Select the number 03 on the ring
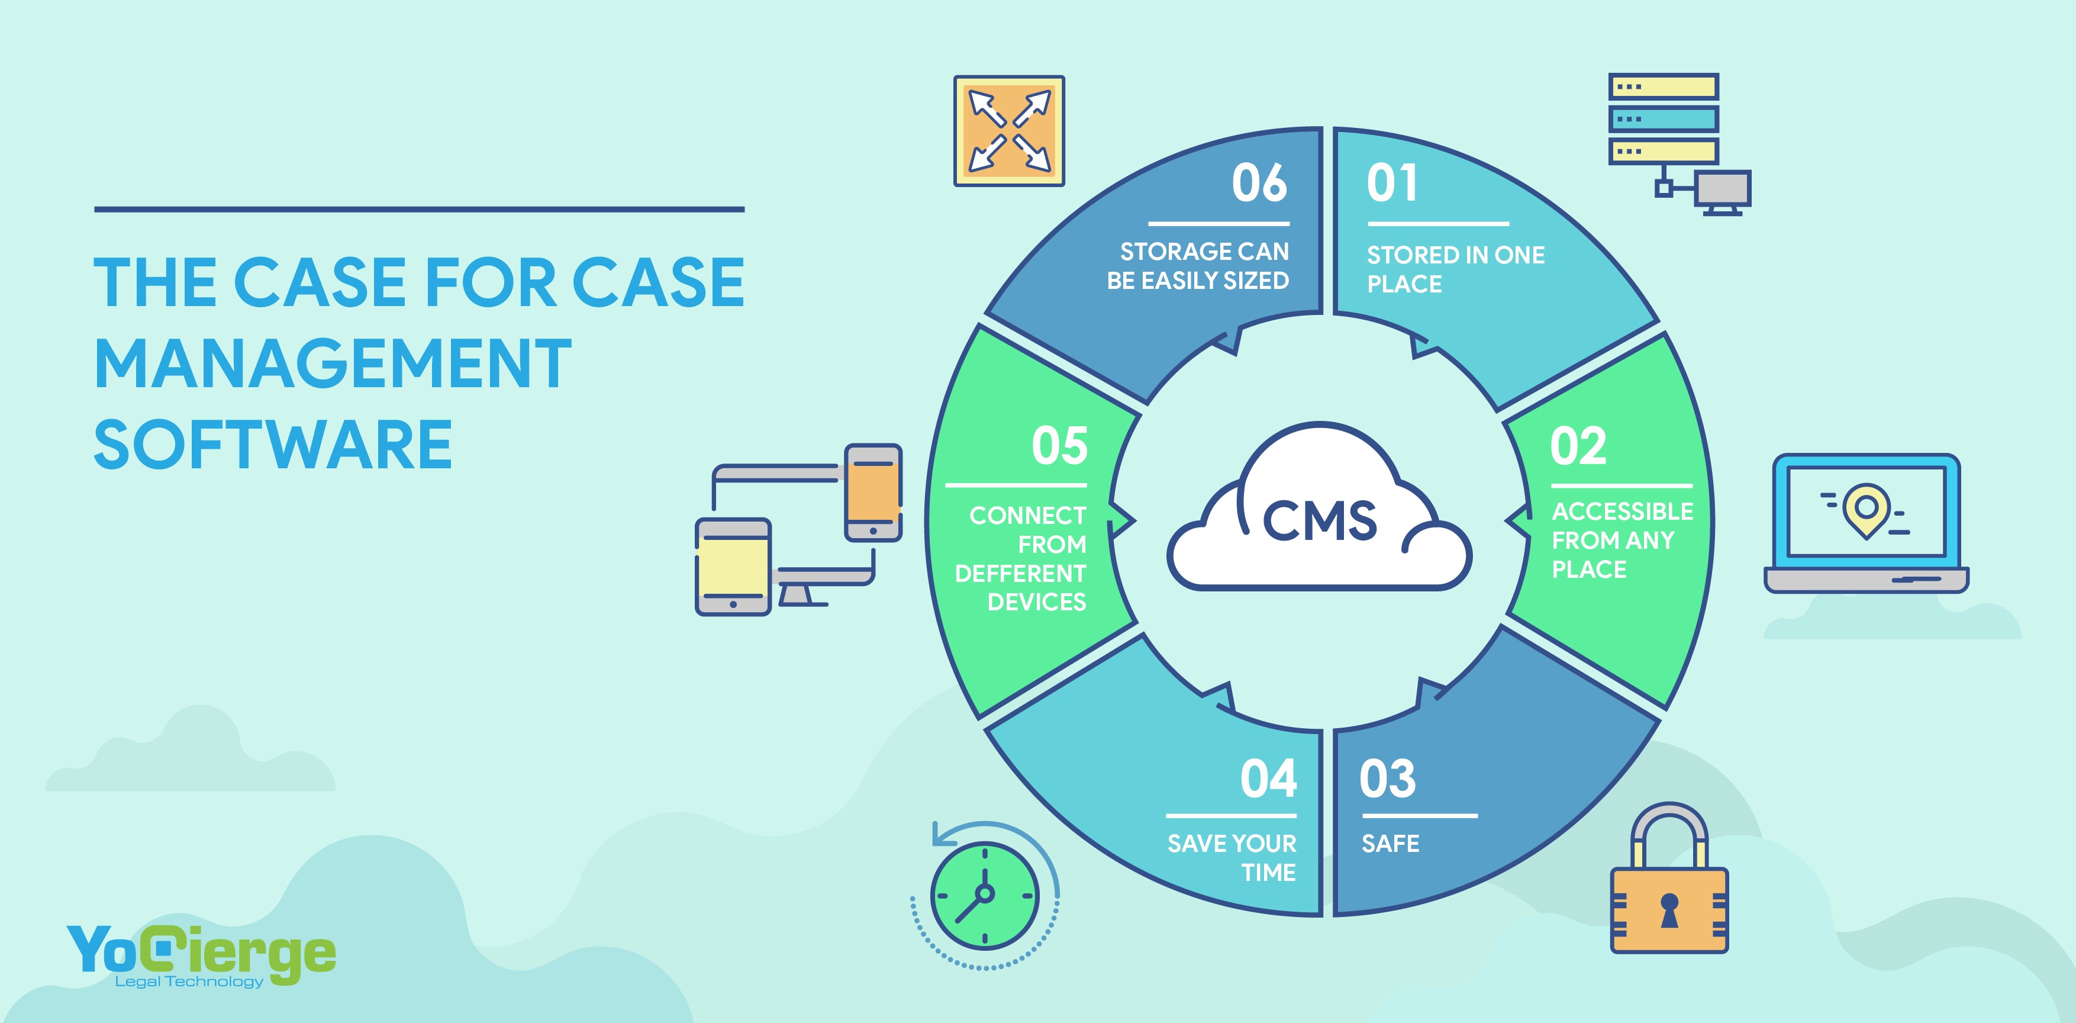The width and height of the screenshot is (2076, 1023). (x=1387, y=780)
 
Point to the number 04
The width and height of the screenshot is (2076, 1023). (x=1268, y=780)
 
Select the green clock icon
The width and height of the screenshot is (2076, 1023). (x=985, y=895)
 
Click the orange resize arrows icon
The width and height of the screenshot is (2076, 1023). (x=1009, y=131)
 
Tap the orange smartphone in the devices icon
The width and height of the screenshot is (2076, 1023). (x=873, y=492)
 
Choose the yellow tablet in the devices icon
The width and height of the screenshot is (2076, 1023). (x=733, y=567)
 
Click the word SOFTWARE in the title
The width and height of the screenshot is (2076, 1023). (x=273, y=444)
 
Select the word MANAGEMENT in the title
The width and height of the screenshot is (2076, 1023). (x=333, y=363)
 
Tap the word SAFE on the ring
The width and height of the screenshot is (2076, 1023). (x=1390, y=844)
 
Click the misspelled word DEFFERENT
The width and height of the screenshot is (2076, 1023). (x=1020, y=573)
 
